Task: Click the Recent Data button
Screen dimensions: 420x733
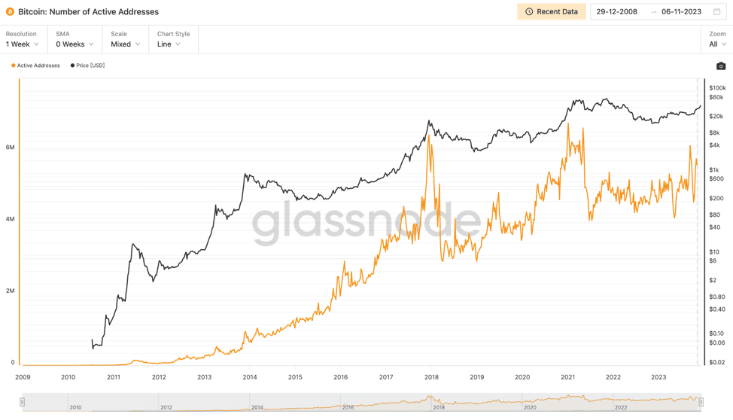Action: [x=552, y=12]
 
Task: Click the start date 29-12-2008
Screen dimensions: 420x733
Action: [x=616, y=12]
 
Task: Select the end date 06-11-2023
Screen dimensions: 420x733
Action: [x=681, y=12]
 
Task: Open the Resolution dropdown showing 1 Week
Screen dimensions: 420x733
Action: [x=23, y=44]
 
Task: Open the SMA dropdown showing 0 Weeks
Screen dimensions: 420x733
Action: [x=75, y=44]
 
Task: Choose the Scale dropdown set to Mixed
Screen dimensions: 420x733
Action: [x=125, y=44]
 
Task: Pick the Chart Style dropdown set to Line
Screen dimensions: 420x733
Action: [x=169, y=44]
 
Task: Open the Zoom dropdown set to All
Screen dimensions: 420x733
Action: [x=717, y=44]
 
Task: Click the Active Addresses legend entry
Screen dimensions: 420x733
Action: [x=36, y=65]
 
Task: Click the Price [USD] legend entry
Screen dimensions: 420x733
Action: [x=88, y=65]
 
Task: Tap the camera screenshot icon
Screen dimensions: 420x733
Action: [x=720, y=66]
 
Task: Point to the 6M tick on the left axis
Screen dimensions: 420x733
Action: [x=11, y=148]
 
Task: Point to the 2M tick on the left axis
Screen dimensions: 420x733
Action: [x=11, y=291]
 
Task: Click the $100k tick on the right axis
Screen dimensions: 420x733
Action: [x=717, y=88]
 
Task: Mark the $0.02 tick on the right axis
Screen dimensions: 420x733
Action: [x=717, y=362]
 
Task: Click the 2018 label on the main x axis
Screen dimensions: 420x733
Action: [x=431, y=377]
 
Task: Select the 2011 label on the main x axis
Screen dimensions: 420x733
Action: [x=114, y=377]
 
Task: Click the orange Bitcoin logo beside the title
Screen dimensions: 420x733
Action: [x=10, y=12]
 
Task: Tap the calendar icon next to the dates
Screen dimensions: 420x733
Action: [x=716, y=12]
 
